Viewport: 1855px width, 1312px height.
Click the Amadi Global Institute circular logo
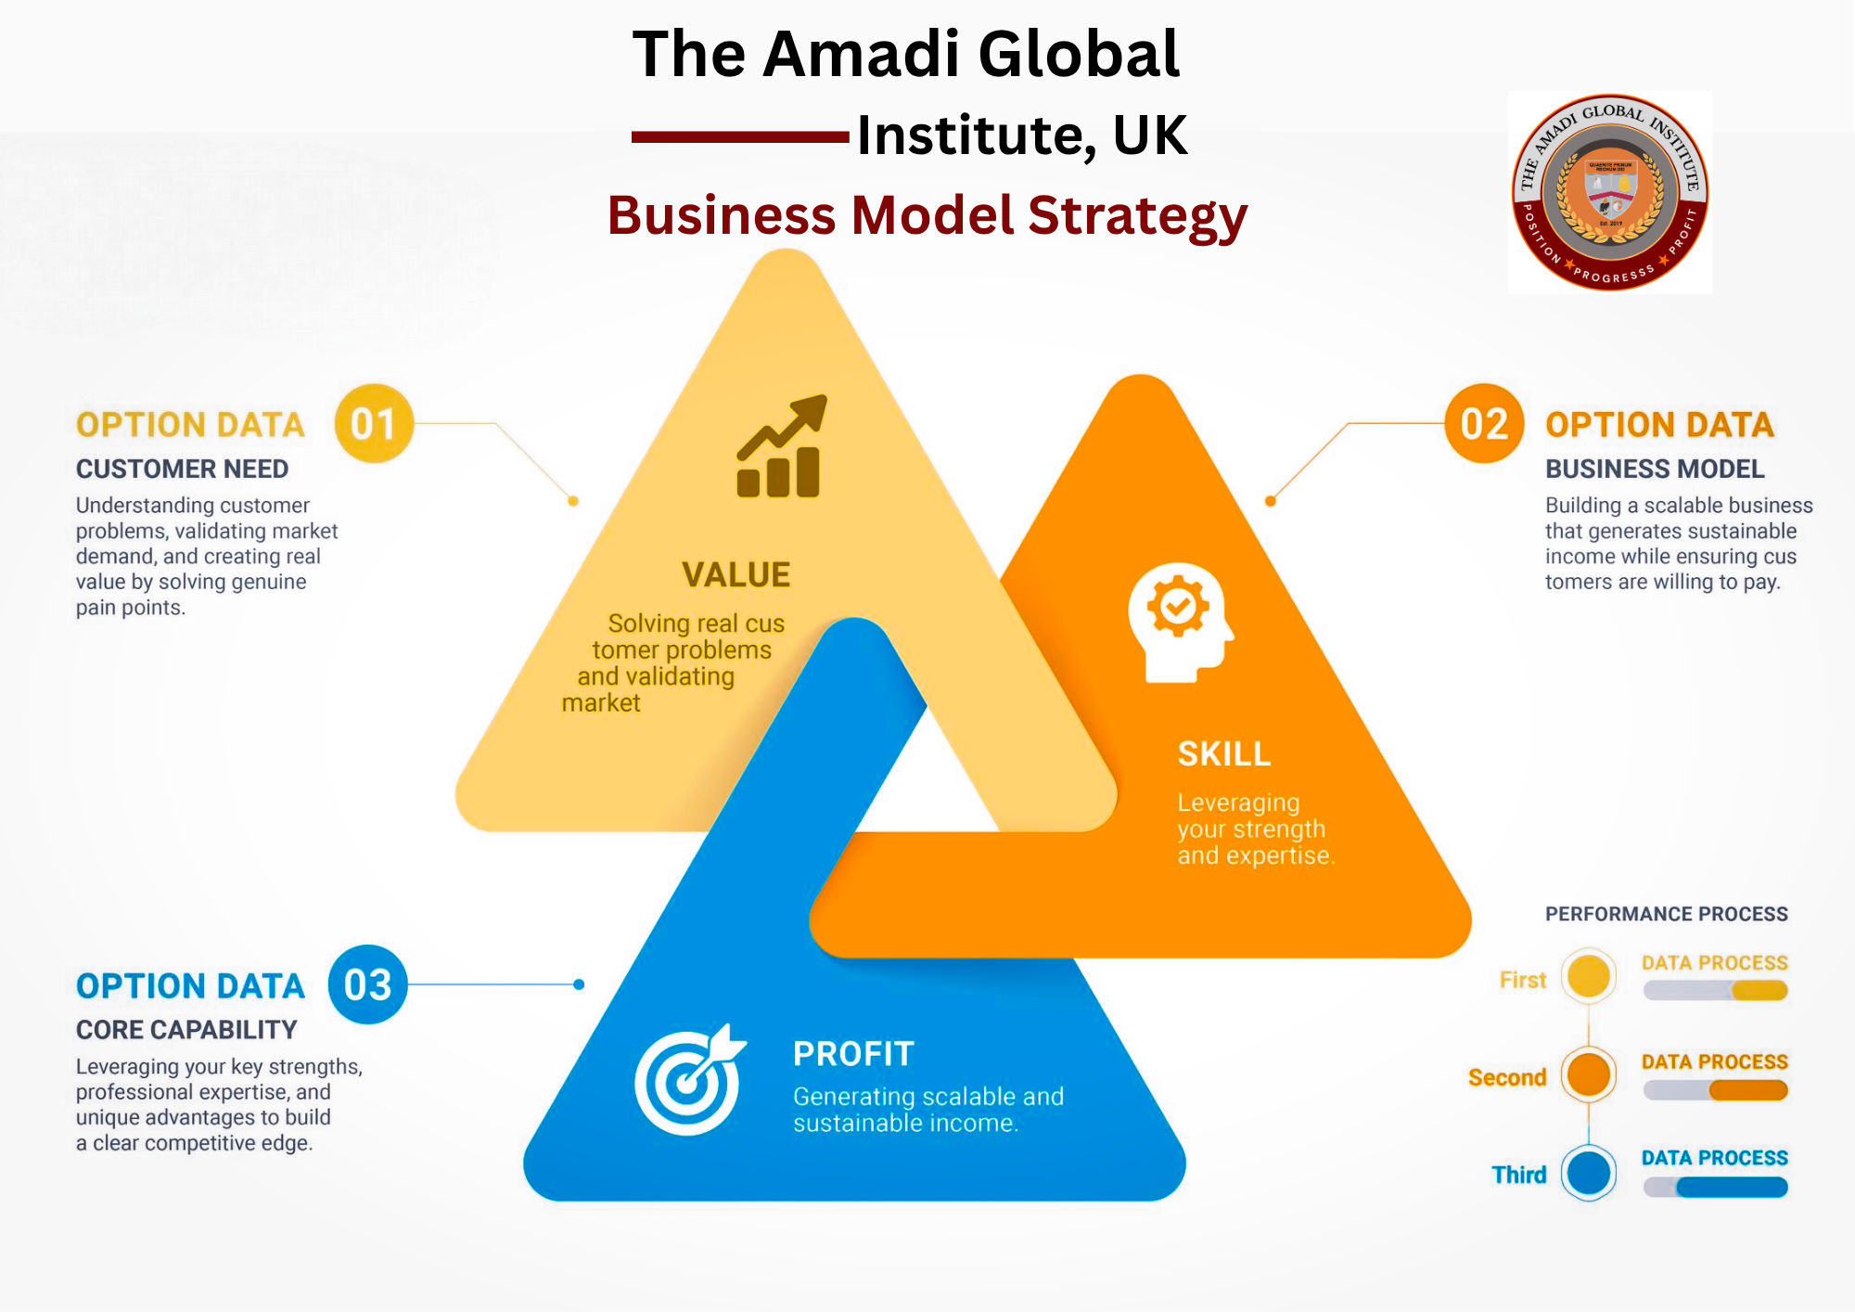point(1610,192)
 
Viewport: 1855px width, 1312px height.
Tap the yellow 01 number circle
point(374,424)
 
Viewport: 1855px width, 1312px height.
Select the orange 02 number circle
point(1484,424)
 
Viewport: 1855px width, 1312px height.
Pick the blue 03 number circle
point(368,984)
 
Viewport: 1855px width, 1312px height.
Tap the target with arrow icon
point(689,1080)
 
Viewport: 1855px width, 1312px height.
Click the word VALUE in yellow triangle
point(736,575)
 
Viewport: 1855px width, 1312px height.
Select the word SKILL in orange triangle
point(1224,754)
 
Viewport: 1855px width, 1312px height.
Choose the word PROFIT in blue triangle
point(853,1054)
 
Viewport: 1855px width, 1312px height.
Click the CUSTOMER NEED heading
point(182,469)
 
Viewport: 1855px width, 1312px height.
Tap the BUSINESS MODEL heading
point(1655,469)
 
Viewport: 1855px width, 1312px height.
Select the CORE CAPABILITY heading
point(186,1030)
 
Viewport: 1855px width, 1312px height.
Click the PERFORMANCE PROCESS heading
point(1666,914)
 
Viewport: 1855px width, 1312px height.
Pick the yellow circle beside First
point(1589,976)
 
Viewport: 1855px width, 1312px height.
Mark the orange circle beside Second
point(1589,1074)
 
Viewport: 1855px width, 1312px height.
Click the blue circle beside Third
point(1589,1173)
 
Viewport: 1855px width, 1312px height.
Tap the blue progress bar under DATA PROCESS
point(1731,1187)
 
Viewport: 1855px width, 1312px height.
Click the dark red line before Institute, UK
point(740,137)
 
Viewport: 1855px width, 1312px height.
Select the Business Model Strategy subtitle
point(927,215)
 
